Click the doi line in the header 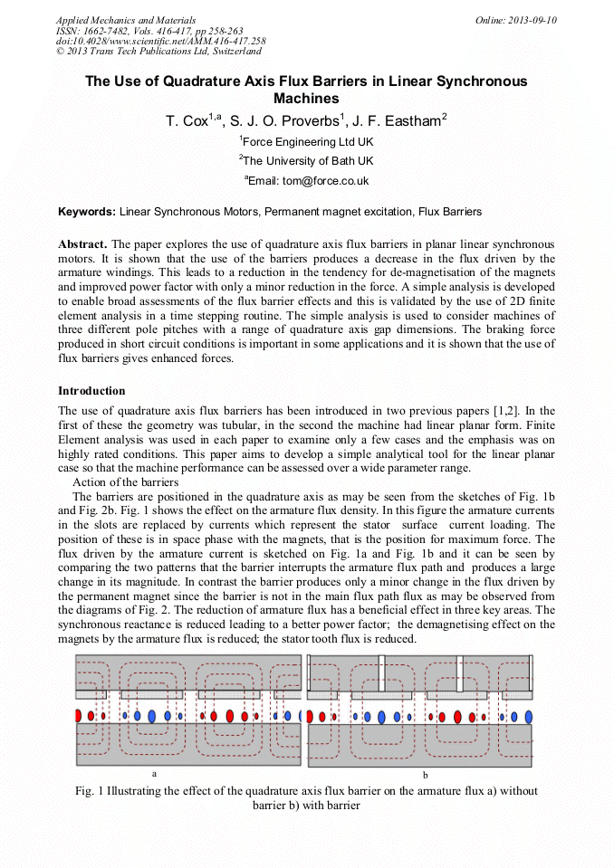160,41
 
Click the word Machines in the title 306,98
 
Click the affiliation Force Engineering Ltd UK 308,142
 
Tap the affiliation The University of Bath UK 308,161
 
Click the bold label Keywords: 87,212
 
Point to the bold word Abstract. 82,244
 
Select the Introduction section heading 91,391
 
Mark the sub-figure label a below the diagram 155,774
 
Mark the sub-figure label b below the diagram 425,776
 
